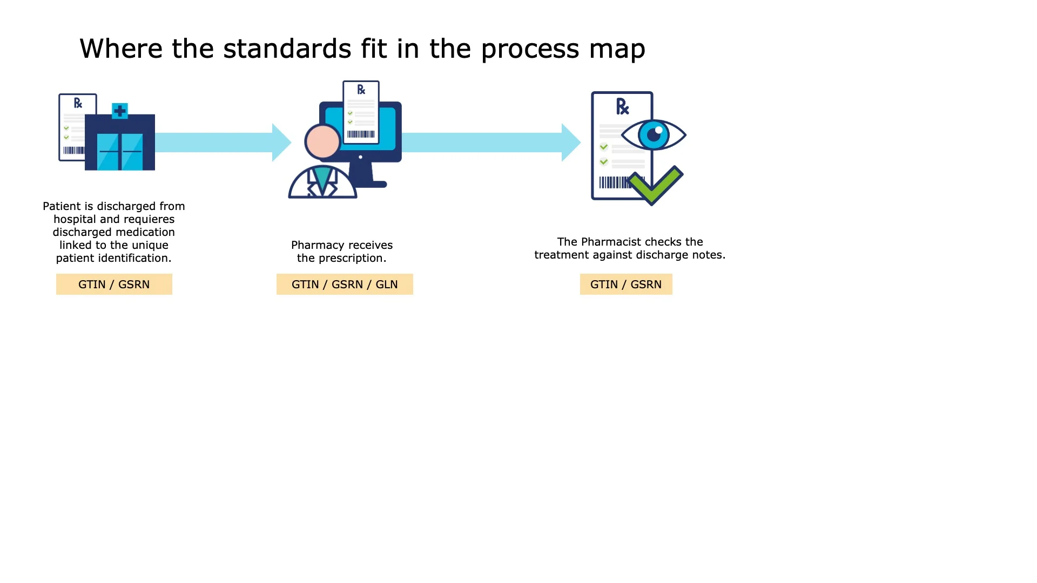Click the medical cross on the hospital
pos(120,111)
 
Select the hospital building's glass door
pos(120,151)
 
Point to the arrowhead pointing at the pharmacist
pos(281,143)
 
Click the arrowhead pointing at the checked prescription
pos(571,143)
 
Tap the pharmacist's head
pos(322,141)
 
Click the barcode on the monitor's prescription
pos(361,134)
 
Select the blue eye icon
pos(654,134)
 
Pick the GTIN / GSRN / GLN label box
pos(345,284)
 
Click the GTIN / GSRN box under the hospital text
pos(114,284)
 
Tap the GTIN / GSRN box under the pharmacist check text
pos(626,284)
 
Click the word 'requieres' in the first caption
pos(149,219)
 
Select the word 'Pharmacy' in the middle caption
pos(318,245)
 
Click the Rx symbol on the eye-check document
pos(623,106)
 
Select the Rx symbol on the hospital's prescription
pos(78,103)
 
